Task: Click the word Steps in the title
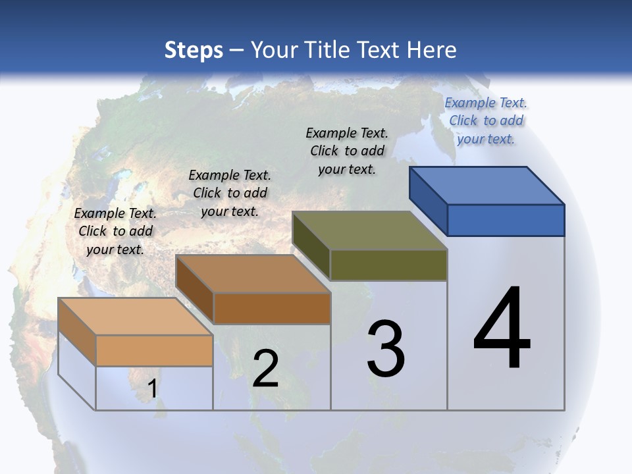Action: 194,50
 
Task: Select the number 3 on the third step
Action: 386,349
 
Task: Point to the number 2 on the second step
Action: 265,369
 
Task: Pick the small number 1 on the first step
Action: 152,389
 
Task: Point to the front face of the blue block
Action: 506,220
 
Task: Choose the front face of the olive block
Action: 388,265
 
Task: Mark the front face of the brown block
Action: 272,308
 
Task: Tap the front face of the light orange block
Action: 154,350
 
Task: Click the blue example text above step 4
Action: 486,120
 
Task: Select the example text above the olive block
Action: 347,151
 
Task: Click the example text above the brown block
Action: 230,193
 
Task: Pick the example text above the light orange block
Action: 115,231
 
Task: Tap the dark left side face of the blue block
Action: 429,200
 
